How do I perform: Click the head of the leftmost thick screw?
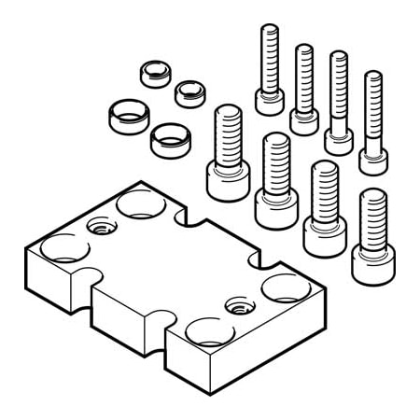tap(227, 179)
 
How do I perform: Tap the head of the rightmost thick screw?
tap(371, 260)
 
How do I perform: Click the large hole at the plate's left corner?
tap(58, 249)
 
